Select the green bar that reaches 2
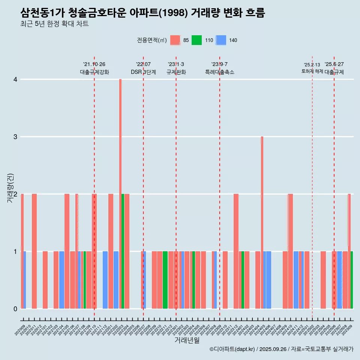pyautogui.click(x=123, y=251)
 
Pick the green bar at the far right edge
pyautogui.click(x=352, y=280)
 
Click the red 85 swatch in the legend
pyautogui.click(x=175, y=40)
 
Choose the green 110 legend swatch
pyautogui.click(x=196, y=40)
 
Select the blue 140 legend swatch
pyautogui.click(x=221, y=40)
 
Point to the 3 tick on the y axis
pyautogui.click(x=15, y=136)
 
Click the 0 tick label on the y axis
pyautogui.click(x=15, y=309)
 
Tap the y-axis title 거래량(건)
pyautogui.click(x=10, y=187)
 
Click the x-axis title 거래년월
pyautogui.click(x=187, y=340)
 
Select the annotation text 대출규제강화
pyautogui.click(x=94, y=72)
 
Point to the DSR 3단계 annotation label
pyautogui.click(x=143, y=72)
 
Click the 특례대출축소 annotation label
pyautogui.click(x=220, y=72)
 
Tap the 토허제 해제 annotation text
pyautogui.click(x=312, y=71)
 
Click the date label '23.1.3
pyautogui.click(x=176, y=64)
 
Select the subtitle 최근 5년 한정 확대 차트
pyautogui.click(x=55, y=24)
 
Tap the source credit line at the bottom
pyautogui.click(x=282, y=349)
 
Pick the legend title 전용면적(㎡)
pyautogui.click(x=152, y=40)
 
